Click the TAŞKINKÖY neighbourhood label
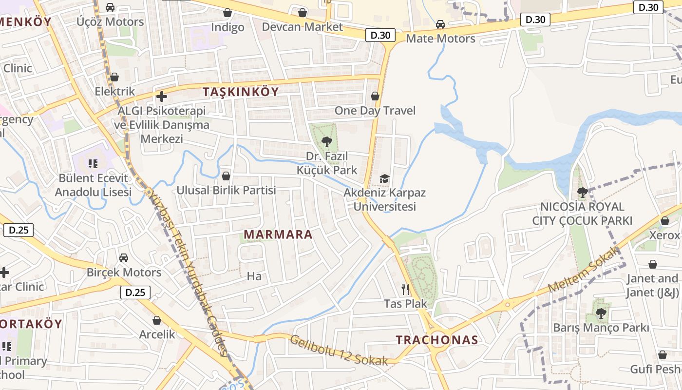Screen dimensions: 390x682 pyautogui.click(x=241, y=92)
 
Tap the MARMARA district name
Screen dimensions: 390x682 pyautogui.click(x=278, y=234)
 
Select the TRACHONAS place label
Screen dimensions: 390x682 pyautogui.click(x=437, y=340)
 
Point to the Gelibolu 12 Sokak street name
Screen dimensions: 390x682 pyautogui.click(x=339, y=350)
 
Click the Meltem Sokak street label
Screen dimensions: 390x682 pyautogui.click(x=584, y=270)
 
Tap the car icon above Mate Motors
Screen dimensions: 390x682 pyautogui.click(x=440, y=24)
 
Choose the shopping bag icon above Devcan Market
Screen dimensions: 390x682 pyautogui.click(x=303, y=12)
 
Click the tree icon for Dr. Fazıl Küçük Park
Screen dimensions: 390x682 pyautogui.click(x=327, y=142)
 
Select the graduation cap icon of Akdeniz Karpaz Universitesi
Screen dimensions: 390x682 pyautogui.click(x=385, y=178)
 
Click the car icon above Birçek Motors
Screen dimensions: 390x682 pyautogui.click(x=124, y=257)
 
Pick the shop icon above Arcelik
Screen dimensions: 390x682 pyautogui.click(x=157, y=320)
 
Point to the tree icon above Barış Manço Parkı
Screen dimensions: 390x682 pyautogui.click(x=601, y=313)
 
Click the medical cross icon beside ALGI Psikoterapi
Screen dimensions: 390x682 pyautogui.click(x=162, y=97)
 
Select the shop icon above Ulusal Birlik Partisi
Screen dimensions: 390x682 pyautogui.click(x=226, y=175)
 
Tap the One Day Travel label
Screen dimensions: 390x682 pyautogui.click(x=375, y=111)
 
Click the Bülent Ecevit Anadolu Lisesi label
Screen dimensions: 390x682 pyautogui.click(x=93, y=185)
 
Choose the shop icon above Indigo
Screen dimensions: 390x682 pyautogui.click(x=227, y=13)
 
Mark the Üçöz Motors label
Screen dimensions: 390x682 pyautogui.click(x=110, y=21)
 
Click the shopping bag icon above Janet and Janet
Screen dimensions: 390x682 pyautogui.click(x=653, y=264)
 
